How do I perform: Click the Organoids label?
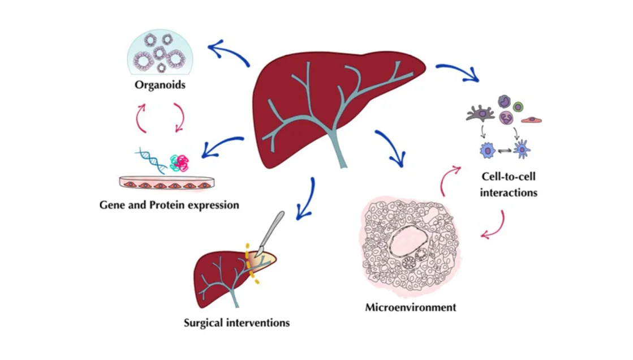[160, 85]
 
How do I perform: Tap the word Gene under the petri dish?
[112, 205]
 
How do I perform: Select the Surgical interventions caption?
[236, 323]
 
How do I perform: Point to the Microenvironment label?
[411, 307]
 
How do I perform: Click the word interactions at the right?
[508, 192]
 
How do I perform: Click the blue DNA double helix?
[152, 160]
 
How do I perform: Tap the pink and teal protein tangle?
[180, 163]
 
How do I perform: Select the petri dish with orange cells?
[167, 183]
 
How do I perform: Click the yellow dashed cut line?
[252, 263]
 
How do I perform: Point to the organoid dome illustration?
[160, 52]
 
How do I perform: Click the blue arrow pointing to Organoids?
[229, 53]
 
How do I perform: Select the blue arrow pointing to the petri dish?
[222, 145]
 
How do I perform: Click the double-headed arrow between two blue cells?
[505, 151]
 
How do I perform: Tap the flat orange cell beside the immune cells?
[531, 119]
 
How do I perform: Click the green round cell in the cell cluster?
[518, 107]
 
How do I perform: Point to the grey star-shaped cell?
[480, 114]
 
